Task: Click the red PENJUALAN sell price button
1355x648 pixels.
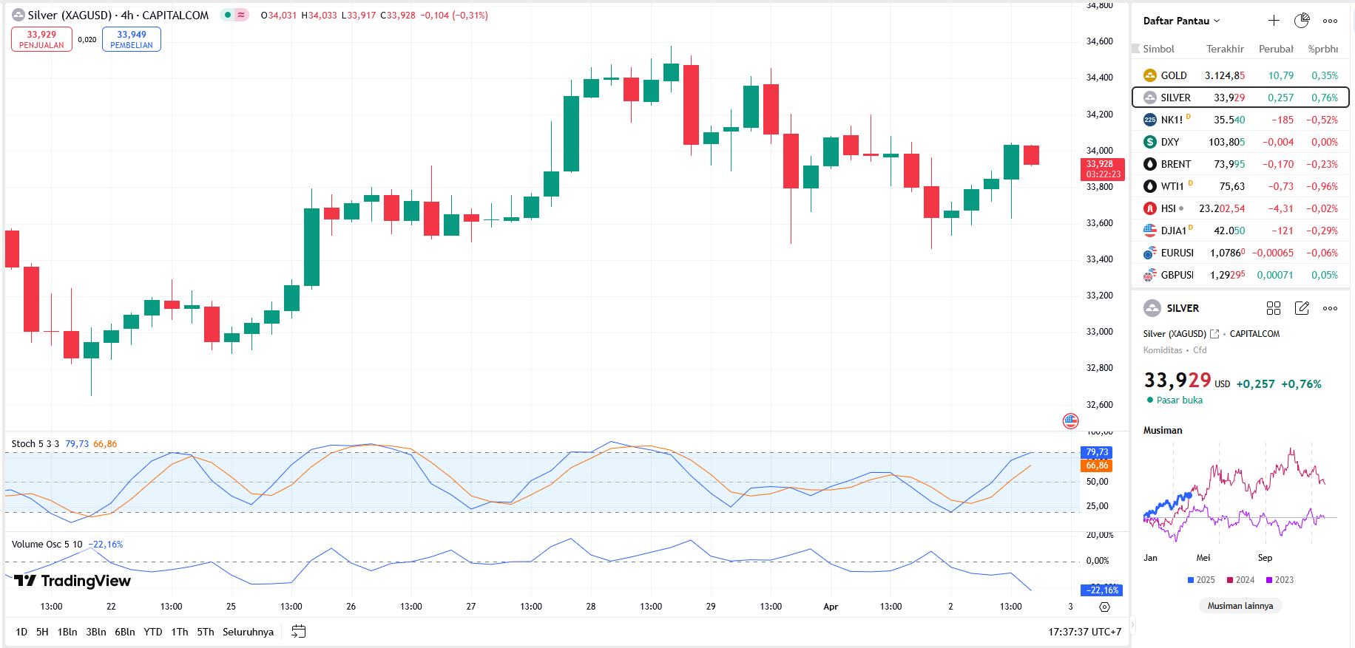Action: [x=41, y=39]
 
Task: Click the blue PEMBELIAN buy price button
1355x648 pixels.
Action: [x=132, y=39]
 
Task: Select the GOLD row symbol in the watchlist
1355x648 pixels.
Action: [x=1173, y=75]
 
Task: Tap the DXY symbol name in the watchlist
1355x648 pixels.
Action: [x=1169, y=142]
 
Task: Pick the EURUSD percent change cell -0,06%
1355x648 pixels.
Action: [x=1322, y=253]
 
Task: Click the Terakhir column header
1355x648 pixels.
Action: [x=1225, y=49]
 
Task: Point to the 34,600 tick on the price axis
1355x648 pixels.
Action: [x=1099, y=41]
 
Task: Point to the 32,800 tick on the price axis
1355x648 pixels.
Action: [x=1099, y=368]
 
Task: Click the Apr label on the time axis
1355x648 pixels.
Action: [x=831, y=607]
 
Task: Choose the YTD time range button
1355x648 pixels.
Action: [x=153, y=632]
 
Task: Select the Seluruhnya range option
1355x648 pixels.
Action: [x=248, y=632]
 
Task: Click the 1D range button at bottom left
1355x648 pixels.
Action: [x=21, y=632]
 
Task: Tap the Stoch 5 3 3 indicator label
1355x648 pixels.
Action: [x=36, y=444]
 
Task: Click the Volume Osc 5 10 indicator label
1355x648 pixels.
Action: [x=47, y=545]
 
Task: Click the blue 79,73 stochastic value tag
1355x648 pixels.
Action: [x=1097, y=452]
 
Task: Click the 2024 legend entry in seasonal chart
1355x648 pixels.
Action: [x=1240, y=580]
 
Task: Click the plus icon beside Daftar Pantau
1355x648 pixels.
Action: [x=1274, y=21]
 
